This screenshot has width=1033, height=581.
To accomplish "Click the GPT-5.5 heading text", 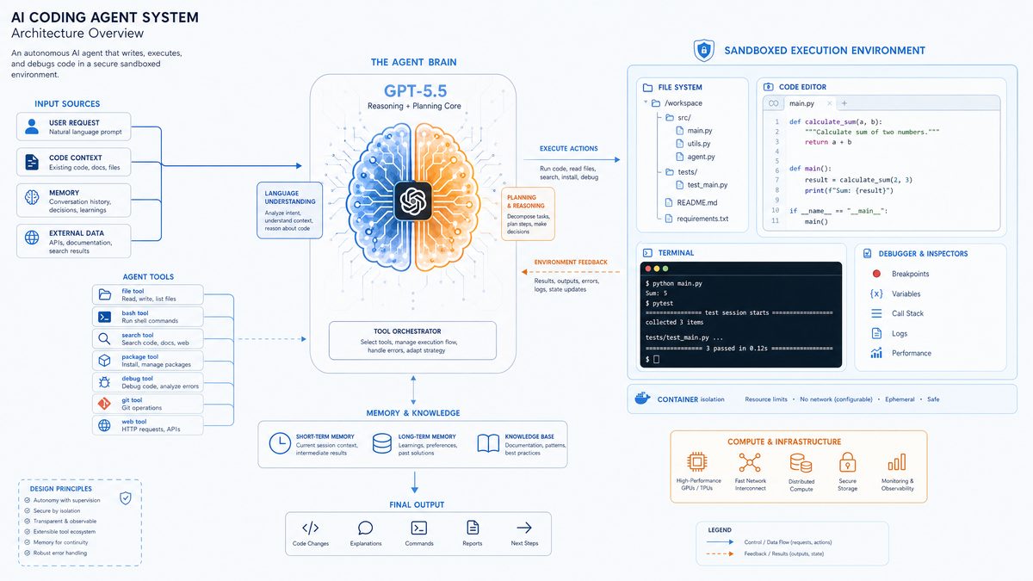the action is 415,91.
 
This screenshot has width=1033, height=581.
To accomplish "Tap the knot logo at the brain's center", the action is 412,201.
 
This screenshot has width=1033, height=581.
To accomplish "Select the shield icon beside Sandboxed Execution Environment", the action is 704,50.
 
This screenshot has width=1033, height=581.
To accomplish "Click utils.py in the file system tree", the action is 699,144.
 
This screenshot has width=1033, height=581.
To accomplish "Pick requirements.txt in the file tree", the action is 702,219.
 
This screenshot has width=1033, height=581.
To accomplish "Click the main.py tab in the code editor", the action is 801,103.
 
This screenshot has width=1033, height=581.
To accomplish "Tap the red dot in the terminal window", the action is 648,269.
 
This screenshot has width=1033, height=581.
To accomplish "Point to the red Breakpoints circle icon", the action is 876,274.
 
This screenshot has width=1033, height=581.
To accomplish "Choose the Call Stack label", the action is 907,313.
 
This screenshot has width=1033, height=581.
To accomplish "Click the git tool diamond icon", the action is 104,404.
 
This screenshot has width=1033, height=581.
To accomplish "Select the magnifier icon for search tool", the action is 104,339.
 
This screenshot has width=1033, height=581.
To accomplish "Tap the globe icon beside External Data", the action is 32,238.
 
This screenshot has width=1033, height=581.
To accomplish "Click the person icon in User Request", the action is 32,127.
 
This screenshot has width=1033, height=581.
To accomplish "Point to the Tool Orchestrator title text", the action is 407,331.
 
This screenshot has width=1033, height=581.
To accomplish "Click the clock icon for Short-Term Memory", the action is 280,443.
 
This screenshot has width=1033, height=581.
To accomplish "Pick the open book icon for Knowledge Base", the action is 488,443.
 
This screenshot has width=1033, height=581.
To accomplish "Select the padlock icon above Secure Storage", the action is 848,462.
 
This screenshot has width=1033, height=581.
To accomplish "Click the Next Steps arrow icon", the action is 524,528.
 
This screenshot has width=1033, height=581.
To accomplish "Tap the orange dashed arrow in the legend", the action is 720,553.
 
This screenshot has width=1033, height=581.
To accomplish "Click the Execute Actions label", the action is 569,148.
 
